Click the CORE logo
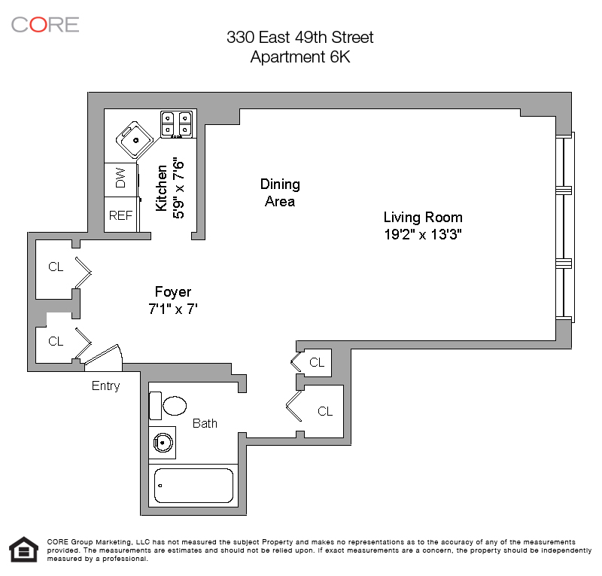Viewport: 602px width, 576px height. coord(45,25)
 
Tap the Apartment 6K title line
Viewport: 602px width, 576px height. coord(300,57)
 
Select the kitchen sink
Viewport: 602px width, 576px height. coord(135,140)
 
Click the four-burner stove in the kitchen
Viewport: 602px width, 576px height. coord(176,124)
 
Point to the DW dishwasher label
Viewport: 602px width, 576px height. coord(120,178)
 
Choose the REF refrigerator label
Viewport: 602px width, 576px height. coord(120,215)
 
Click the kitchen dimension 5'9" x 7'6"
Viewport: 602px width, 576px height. coord(178,188)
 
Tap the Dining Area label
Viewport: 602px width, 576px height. coord(280,193)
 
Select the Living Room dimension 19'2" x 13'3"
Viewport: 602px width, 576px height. coord(423,234)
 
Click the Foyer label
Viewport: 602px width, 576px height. coord(173,291)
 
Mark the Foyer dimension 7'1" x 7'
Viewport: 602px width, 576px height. coord(173,309)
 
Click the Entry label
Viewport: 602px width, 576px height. coord(105,386)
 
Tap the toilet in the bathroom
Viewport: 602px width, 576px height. coord(168,406)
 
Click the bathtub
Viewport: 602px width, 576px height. coord(193,486)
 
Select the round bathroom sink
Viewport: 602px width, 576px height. coord(163,443)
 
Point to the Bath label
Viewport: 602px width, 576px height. coord(205,423)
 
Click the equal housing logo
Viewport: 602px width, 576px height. coord(24,550)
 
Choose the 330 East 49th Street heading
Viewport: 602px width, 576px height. coord(299,38)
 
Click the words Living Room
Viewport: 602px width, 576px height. coord(423,218)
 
